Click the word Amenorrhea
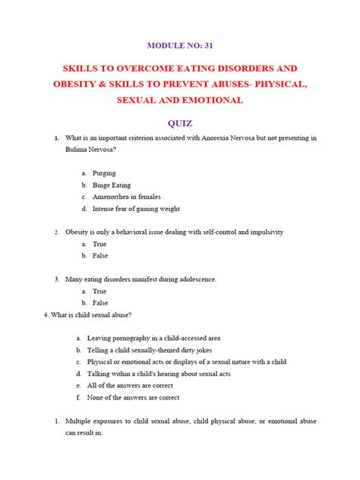click(x=114, y=197)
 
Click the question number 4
click(x=48, y=314)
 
